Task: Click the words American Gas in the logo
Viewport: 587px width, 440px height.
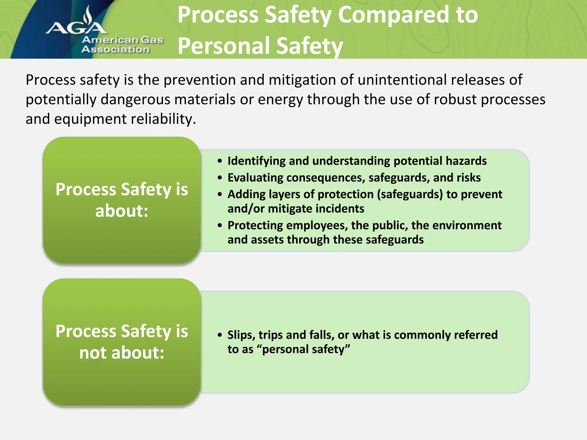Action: point(123,40)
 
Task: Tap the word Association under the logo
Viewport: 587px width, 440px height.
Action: point(116,50)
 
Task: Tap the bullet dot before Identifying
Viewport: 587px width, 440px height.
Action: point(220,161)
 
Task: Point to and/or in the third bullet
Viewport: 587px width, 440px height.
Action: point(246,209)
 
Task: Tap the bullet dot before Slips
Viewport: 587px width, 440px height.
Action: point(220,335)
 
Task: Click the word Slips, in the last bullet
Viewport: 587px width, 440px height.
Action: point(241,335)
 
